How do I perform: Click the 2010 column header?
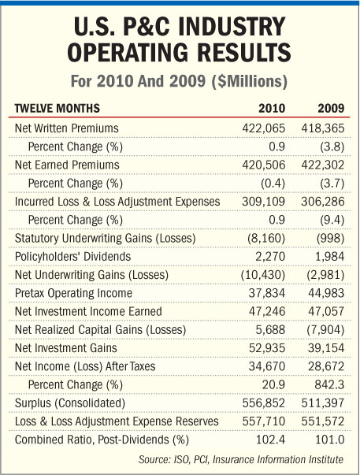click(272, 109)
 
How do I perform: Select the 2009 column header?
click(331, 109)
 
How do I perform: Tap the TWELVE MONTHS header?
click(57, 109)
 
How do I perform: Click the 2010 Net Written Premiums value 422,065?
click(264, 128)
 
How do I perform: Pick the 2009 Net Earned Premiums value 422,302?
click(323, 165)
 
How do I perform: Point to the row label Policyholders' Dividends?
click(72, 257)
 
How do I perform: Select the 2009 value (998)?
click(330, 239)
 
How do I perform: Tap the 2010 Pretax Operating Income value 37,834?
click(267, 293)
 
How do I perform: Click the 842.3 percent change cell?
click(329, 384)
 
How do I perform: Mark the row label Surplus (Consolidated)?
click(70, 403)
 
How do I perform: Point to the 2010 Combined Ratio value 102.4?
click(271, 440)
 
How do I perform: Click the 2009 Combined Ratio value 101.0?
click(330, 440)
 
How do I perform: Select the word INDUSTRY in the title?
click(232, 27)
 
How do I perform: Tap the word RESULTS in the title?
click(244, 53)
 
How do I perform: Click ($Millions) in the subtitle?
click(249, 81)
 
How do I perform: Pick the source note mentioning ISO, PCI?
click(241, 459)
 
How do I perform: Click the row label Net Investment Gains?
click(65, 348)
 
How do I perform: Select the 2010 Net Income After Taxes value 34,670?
click(267, 366)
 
